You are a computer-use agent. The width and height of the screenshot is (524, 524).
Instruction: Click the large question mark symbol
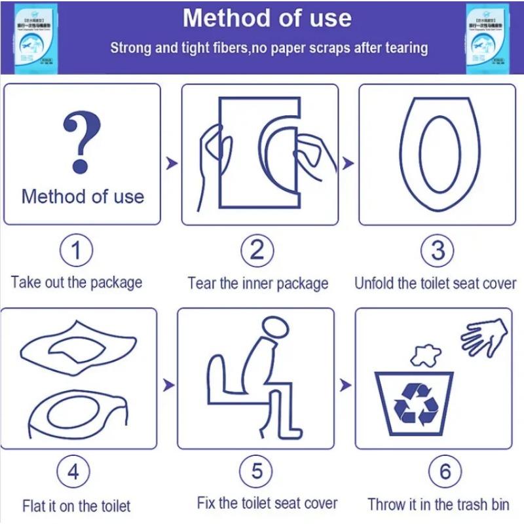click(x=82, y=140)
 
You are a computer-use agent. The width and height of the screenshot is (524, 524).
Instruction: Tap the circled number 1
click(x=77, y=250)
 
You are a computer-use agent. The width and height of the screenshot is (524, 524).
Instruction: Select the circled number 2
click(x=257, y=250)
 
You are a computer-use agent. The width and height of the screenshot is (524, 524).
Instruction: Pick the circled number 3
click(x=438, y=250)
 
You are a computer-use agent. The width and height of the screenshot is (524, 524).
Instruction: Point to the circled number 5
click(x=257, y=470)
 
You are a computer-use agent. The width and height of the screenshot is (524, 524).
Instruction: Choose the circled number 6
click(x=445, y=472)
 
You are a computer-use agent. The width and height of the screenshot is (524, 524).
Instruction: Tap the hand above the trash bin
click(x=484, y=337)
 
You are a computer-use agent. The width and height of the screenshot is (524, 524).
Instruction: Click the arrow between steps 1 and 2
click(x=171, y=163)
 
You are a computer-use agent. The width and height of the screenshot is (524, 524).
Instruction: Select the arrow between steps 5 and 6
click(x=345, y=384)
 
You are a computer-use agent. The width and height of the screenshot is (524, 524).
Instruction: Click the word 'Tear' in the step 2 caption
click(x=202, y=284)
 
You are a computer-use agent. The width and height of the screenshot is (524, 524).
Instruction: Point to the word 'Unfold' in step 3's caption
click(x=375, y=284)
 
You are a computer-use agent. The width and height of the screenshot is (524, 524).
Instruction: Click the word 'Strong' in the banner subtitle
click(x=132, y=48)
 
